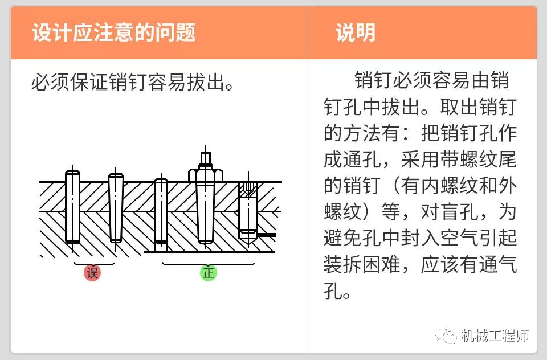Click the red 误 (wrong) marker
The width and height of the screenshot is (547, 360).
(x=92, y=272)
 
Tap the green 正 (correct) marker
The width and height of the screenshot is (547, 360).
(x=208, y=272)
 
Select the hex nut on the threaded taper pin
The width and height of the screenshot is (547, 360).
(x=206, y=173)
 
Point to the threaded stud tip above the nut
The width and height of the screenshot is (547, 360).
(x=206, y=157)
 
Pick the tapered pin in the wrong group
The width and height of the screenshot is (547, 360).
(x=116, y=208)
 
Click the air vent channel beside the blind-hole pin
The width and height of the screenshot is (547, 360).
(x=267, y=234)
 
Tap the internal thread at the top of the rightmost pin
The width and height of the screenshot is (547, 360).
(x=248, y=189)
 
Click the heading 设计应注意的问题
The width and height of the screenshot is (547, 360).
(x=113, y=32)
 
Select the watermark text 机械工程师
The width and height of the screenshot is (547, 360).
(x=496, y=336)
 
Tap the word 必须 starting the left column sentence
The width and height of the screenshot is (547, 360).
(x=51, y=84)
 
